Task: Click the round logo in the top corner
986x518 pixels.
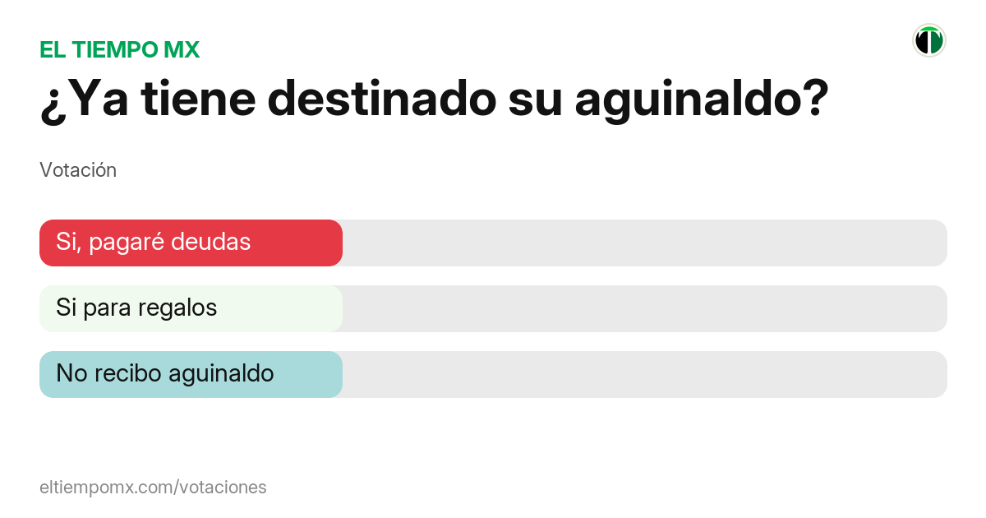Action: [x=929, y=40]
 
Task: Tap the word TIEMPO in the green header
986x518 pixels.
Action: [x=111, y=50]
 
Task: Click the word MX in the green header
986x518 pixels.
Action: [x=181, y=50]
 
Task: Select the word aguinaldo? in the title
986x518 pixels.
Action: [x=701, y=100]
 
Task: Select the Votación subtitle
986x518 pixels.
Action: [x=78, y=170]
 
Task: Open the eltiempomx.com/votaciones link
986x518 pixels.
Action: [x=153, y=488]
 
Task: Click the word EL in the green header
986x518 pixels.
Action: [x=52, y=50]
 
